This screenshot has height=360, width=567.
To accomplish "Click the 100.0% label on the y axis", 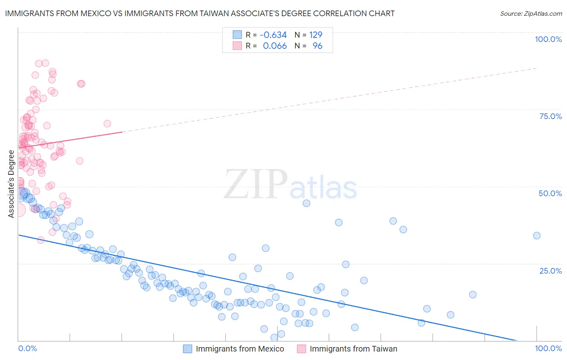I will pos(548,39).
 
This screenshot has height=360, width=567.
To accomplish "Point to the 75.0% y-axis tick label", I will pos(550,116).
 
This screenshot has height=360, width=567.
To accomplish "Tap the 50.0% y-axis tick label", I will pos(550,193).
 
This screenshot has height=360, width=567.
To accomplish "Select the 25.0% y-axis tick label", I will pos(550,270).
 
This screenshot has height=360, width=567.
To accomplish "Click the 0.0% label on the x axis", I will pos(27,348).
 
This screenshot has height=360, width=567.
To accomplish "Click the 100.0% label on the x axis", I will pos(548,348).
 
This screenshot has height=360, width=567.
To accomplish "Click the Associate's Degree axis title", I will pos(11,184).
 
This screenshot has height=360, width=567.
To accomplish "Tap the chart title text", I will pos(200,13).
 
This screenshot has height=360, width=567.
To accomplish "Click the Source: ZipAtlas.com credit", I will pos(531,13).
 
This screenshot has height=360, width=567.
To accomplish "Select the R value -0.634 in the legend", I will pos(273,35).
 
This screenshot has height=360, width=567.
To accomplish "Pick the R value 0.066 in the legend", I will pos(275,46).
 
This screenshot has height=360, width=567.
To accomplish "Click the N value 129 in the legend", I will pos(316,35).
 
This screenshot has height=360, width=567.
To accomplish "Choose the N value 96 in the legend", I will pos(317,46).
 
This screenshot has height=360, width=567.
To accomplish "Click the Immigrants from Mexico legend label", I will pos(240,349).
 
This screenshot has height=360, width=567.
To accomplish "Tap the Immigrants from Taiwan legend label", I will pos(353,349).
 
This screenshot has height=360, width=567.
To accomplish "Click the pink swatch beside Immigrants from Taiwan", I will pos(301,349).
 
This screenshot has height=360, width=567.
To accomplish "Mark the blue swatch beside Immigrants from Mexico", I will pos(188,349).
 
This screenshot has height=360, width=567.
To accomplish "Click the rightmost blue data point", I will pos(537,236).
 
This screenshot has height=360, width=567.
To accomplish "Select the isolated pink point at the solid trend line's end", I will pos(107,123).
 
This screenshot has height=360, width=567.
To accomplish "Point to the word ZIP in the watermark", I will pos(255,184).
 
